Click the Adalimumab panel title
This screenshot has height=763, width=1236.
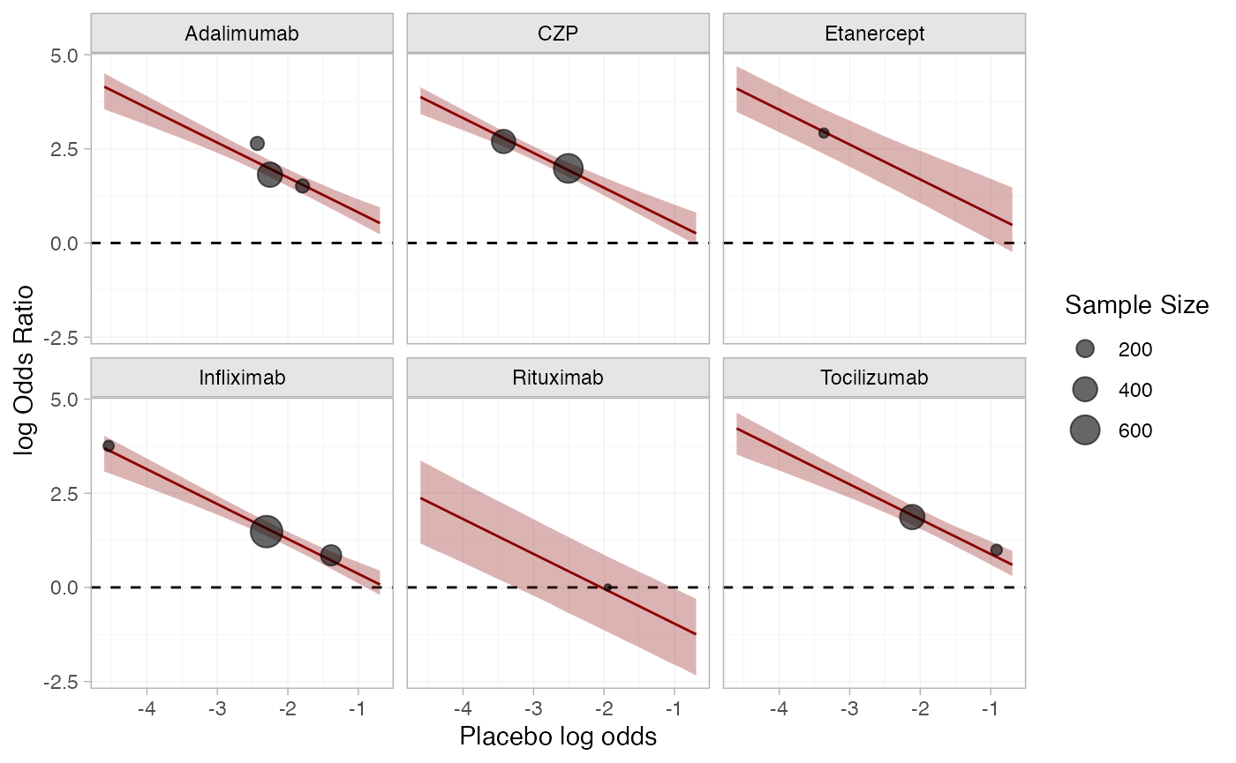coord(242,34)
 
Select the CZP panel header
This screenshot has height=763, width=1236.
coord(558,34)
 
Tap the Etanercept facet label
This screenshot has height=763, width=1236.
coord(874,34)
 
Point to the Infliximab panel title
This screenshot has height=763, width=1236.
coord(242,378)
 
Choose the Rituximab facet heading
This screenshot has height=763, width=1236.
coord(558,378)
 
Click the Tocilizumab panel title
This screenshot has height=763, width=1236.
coord(874,378)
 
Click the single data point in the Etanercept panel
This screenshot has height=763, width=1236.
coord(824,133)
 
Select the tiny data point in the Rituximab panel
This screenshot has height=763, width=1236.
coord(607,587)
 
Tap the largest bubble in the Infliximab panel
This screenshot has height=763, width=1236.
coord(266,531)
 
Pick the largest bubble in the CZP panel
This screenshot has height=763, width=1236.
coord(568,168)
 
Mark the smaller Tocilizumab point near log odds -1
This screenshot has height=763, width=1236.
coord(997,550)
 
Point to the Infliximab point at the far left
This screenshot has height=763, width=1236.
coord(109,446)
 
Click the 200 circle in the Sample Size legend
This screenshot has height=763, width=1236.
coord(1085,349)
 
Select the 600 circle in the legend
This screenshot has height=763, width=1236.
coord(1085,430)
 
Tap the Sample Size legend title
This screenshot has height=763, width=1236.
coord(1136,306)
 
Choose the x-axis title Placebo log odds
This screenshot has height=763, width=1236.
coord(558,737)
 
